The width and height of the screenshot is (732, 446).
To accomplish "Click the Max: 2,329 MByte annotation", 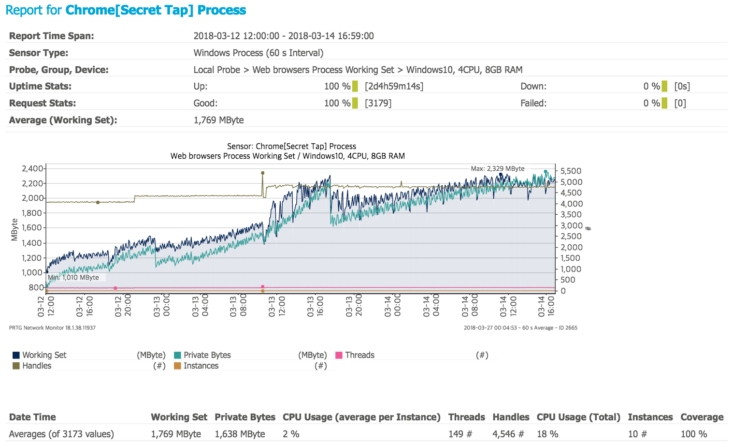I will click(x=497, y=169).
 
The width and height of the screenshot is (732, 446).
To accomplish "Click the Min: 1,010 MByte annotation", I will click(x=73, y=278).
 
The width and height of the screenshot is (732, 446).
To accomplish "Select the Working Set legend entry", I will click(x=44, y=355).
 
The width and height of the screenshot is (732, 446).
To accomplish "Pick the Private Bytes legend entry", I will click(x=207, y=355).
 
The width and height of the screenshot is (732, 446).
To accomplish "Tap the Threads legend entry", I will click(x=359, y=355).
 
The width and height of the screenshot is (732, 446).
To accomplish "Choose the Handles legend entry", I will click(x=36, y=366).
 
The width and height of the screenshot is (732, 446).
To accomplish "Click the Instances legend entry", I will click(x=201, y=366).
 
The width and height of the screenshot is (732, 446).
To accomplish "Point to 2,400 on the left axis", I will click(x=32, y=169).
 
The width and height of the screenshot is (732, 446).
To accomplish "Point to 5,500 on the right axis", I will click(x=571, y=171).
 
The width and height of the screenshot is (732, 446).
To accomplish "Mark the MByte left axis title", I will click(x=14, y=230).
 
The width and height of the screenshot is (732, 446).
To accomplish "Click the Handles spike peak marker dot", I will click(x=263, y=173).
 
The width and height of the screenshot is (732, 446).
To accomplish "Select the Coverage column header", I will click(x=702, y=417).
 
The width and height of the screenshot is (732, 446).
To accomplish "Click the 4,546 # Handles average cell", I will click(x=508, y=434).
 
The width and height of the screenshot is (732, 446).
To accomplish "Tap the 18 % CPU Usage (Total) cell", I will click(x=547, y=434).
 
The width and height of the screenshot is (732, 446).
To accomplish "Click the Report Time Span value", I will click(x=283, y=36).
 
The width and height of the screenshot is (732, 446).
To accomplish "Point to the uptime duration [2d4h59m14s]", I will click(x=394, y=87).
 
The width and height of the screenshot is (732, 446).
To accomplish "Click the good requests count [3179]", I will click(x=378, y=103).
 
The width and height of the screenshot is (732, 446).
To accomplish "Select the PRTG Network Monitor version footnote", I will click(x=52, y=328).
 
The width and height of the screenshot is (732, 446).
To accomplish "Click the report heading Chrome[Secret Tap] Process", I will click(x=156, y=10).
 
